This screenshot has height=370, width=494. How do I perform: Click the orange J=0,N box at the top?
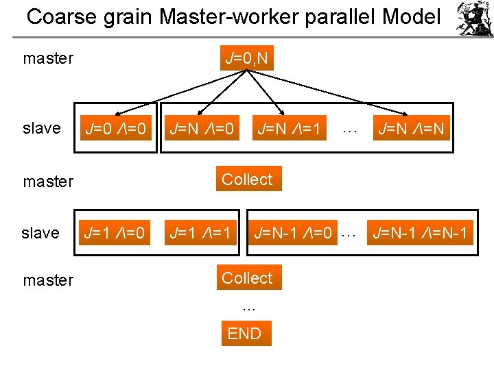click(246, 58)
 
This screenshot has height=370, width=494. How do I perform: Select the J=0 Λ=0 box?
click(115, 128)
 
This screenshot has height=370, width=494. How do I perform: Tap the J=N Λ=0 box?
click(202, 128)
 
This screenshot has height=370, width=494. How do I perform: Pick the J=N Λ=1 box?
click(288, 128)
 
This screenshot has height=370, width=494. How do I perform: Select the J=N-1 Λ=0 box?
click(293, 234)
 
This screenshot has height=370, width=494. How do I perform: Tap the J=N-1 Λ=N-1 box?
click(419, 234)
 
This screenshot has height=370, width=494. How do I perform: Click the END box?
click(245, 334)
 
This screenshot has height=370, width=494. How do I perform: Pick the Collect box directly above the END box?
click(247, 278)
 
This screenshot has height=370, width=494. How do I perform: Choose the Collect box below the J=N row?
click(247, 180)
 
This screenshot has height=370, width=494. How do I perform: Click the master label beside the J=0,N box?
click(48, 58)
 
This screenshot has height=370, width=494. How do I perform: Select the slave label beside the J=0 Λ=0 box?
click(41, 128)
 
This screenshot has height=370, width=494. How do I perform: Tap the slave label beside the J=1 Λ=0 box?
click(40, 234)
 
